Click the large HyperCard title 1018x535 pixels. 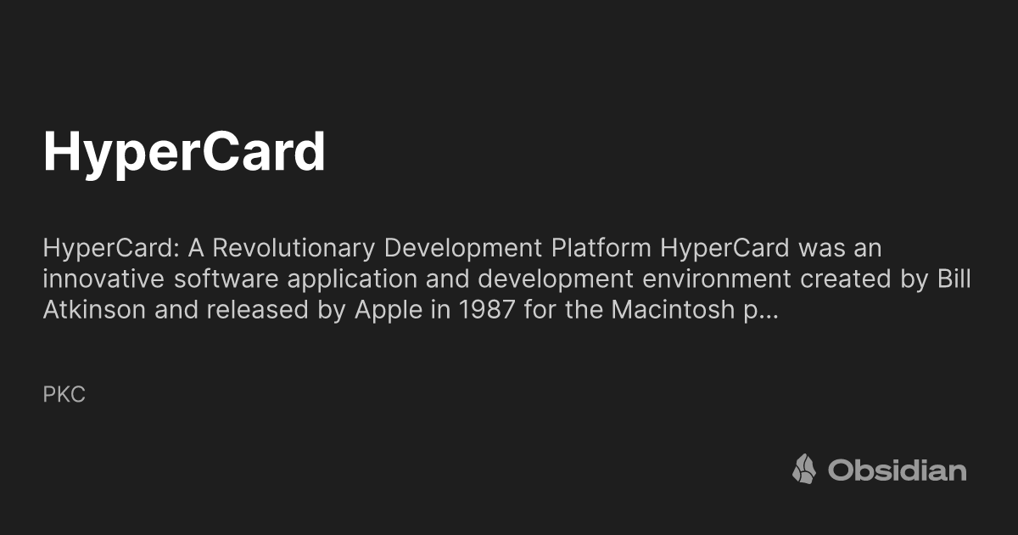(184, 152)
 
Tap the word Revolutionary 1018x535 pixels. (283, 250)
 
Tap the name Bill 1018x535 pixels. (954, 280)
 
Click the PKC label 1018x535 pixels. (64, 395)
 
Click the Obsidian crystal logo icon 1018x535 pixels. (803, 469)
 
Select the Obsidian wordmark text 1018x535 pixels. (897, 470)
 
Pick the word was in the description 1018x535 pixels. (820, 250)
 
